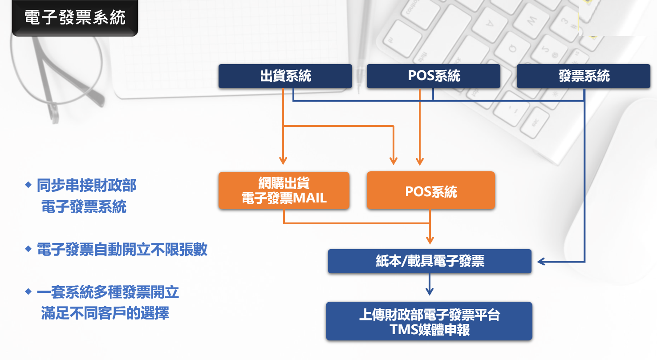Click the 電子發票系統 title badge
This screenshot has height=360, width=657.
(75, 18)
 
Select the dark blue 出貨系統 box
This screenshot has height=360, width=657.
(285, 76)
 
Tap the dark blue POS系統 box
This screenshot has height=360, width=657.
(433, 76)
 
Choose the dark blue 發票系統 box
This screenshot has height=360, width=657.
(583, 76)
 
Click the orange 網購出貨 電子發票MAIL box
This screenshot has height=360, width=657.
(284, 190)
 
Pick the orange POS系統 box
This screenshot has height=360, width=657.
(430, 191)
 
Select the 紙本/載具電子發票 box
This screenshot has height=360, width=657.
(430, 261)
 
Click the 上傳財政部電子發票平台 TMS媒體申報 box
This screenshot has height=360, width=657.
(429, 321)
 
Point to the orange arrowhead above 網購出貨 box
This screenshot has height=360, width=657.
(284, 161)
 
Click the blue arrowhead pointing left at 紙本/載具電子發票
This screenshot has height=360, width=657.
(541, 261)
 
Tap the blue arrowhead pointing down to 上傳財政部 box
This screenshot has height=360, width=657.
(429, 291)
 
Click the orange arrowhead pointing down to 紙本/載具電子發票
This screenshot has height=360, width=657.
(430, 240)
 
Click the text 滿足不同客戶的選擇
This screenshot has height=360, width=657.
(105, 313)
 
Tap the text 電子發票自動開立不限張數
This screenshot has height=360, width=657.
(122, 250)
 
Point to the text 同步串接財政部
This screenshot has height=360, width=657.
(87, 185)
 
